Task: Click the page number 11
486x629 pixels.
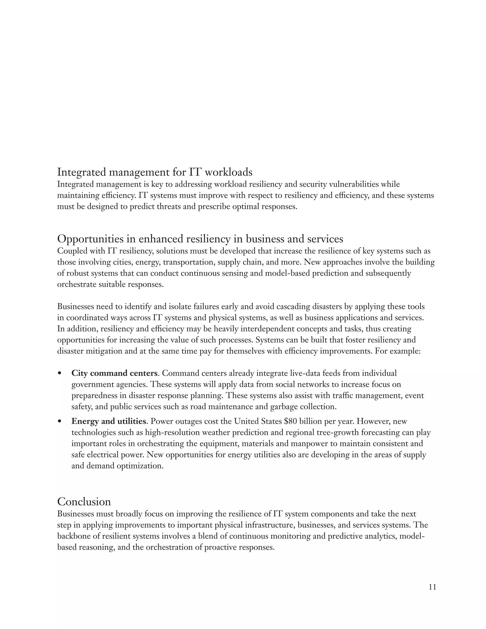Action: (x=432, y=587)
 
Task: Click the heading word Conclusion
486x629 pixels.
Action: (x=84, y=502)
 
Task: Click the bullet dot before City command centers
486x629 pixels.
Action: (x=60, y=374)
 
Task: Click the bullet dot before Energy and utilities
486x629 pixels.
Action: (x=60, y=422)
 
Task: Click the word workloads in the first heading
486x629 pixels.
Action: (x=228, y=172)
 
